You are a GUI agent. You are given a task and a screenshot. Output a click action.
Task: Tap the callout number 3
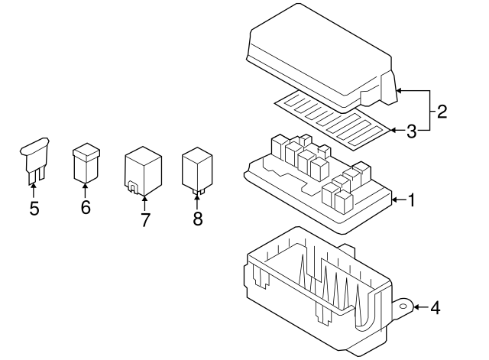[x=411, y=131]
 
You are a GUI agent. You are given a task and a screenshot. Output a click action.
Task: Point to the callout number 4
[x=435, y=309]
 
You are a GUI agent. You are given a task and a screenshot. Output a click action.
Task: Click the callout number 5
[x=34, y=209]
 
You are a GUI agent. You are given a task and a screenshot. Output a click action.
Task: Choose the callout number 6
[x=85, y=207]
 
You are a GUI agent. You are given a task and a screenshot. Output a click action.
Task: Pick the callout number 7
[x=144, y=220]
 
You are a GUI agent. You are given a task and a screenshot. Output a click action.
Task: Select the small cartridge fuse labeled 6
[x=85, y=163]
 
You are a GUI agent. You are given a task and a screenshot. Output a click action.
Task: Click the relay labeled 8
[x=196, y=169]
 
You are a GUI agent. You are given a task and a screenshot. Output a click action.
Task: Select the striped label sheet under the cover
[x=336, y=119]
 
